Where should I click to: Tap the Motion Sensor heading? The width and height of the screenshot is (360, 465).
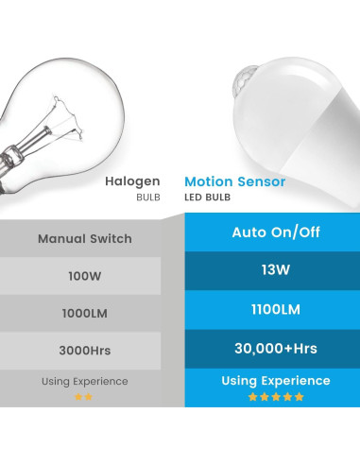(235, 181)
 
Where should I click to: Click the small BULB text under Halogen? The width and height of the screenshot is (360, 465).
(149, 196)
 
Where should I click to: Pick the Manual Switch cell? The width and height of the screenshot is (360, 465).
(85, 238)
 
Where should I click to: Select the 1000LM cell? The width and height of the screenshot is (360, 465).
(85, 313)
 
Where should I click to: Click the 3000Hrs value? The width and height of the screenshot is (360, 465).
(85, 351)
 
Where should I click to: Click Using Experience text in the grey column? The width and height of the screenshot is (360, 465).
(85, 382)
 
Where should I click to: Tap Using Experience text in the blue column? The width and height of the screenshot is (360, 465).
(275, 381)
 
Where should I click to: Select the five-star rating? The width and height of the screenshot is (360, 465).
(275, 397)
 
